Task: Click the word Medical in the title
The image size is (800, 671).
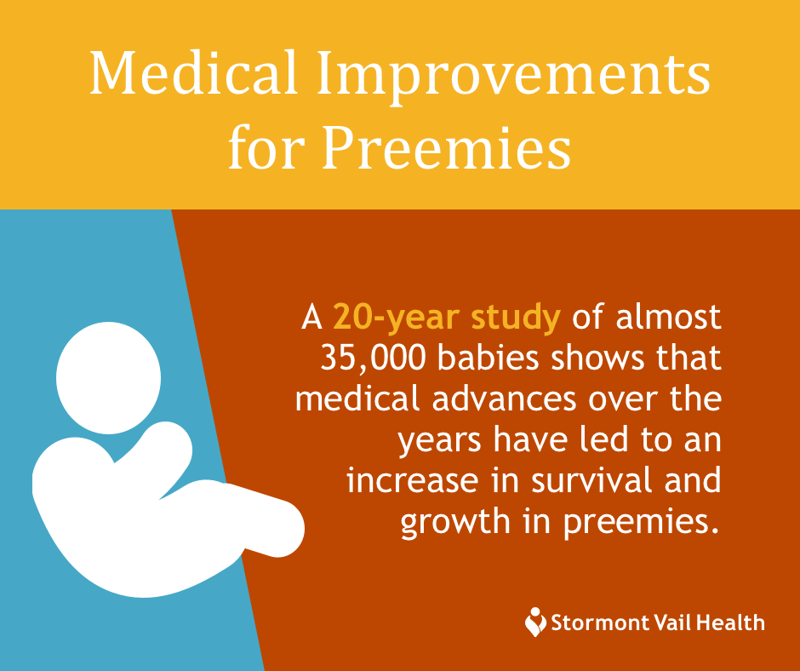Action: click(x=192, y=75)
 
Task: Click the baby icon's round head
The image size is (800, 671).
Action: click(x=108, y=376)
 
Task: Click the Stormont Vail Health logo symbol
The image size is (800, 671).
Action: click(x=535, y=622)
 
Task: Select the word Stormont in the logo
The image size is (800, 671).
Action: click(x=596, y=622)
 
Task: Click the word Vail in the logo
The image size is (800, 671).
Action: click(x=671, y=622)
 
